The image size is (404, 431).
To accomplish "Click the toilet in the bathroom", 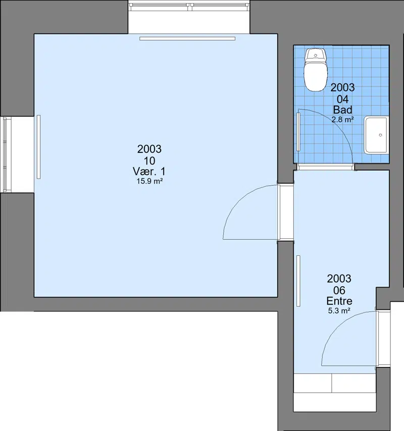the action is pos(316,70).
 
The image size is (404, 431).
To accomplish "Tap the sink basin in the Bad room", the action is pos(376,135).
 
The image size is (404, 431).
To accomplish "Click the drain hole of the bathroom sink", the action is pos(380,135).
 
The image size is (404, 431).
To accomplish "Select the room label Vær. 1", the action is pos(149,171).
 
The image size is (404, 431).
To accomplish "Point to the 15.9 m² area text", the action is pos(149,181).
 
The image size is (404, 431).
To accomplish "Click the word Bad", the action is pos(342,110).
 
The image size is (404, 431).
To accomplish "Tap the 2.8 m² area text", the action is pos(342,120).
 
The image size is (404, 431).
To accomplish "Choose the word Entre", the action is pos(339,301).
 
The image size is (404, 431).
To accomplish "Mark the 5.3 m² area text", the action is pos(339,311).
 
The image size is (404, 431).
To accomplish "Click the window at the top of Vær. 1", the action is pos(189,6).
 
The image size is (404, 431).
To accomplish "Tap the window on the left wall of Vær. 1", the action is pos(5,154).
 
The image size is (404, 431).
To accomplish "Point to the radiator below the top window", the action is pos(187,38).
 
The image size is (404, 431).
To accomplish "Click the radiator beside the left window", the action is pos(38,147).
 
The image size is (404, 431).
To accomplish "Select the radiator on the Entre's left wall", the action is pos(298,281).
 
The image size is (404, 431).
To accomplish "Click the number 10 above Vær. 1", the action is pos(149,160).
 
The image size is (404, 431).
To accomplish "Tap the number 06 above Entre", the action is pos(339,290).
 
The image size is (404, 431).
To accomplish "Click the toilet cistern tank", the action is pos(316,55).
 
